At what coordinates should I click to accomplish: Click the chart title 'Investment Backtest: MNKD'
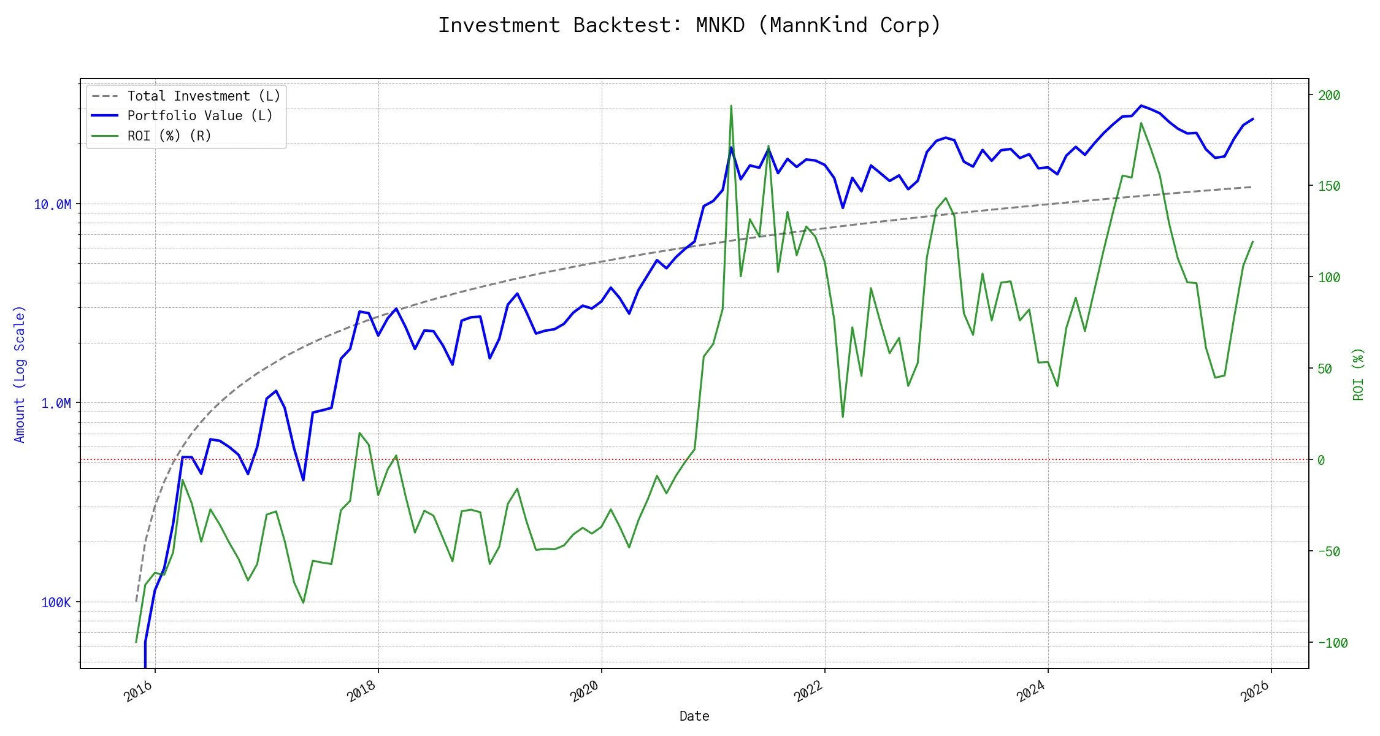tap(689, 25)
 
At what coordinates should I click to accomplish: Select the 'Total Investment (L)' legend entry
tap(203, 96)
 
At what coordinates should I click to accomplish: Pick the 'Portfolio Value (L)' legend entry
tap(199, 116)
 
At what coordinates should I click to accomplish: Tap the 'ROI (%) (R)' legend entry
tap(169, 136)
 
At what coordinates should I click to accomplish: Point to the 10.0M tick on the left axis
tap(53, 205)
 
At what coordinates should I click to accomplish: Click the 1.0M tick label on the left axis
tap(56, 404)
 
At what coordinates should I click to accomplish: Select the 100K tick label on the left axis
tap(56, 602)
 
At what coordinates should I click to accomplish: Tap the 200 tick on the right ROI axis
tap(1329, 96)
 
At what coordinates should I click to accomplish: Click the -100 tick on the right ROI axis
tap(1332, 643)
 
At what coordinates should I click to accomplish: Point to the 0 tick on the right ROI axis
tap(1321, 460)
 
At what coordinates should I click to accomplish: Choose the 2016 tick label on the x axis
tap(139, 692)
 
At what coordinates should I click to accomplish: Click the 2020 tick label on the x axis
tap(585, 692)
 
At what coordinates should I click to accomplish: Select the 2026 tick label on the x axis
tap(1255, 692)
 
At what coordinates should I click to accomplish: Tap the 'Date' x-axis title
tap(694, 716)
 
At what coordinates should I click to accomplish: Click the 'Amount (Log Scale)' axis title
tap(20, 374)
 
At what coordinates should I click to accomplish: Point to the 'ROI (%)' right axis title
tap(1359, 374)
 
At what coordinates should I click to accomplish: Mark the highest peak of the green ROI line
tap(731, 105)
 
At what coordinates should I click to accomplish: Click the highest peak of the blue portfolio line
tap(1141, 105)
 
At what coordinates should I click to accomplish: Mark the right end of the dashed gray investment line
tap(1251, 186)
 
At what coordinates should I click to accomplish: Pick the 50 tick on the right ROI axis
tap(1325, 369)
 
